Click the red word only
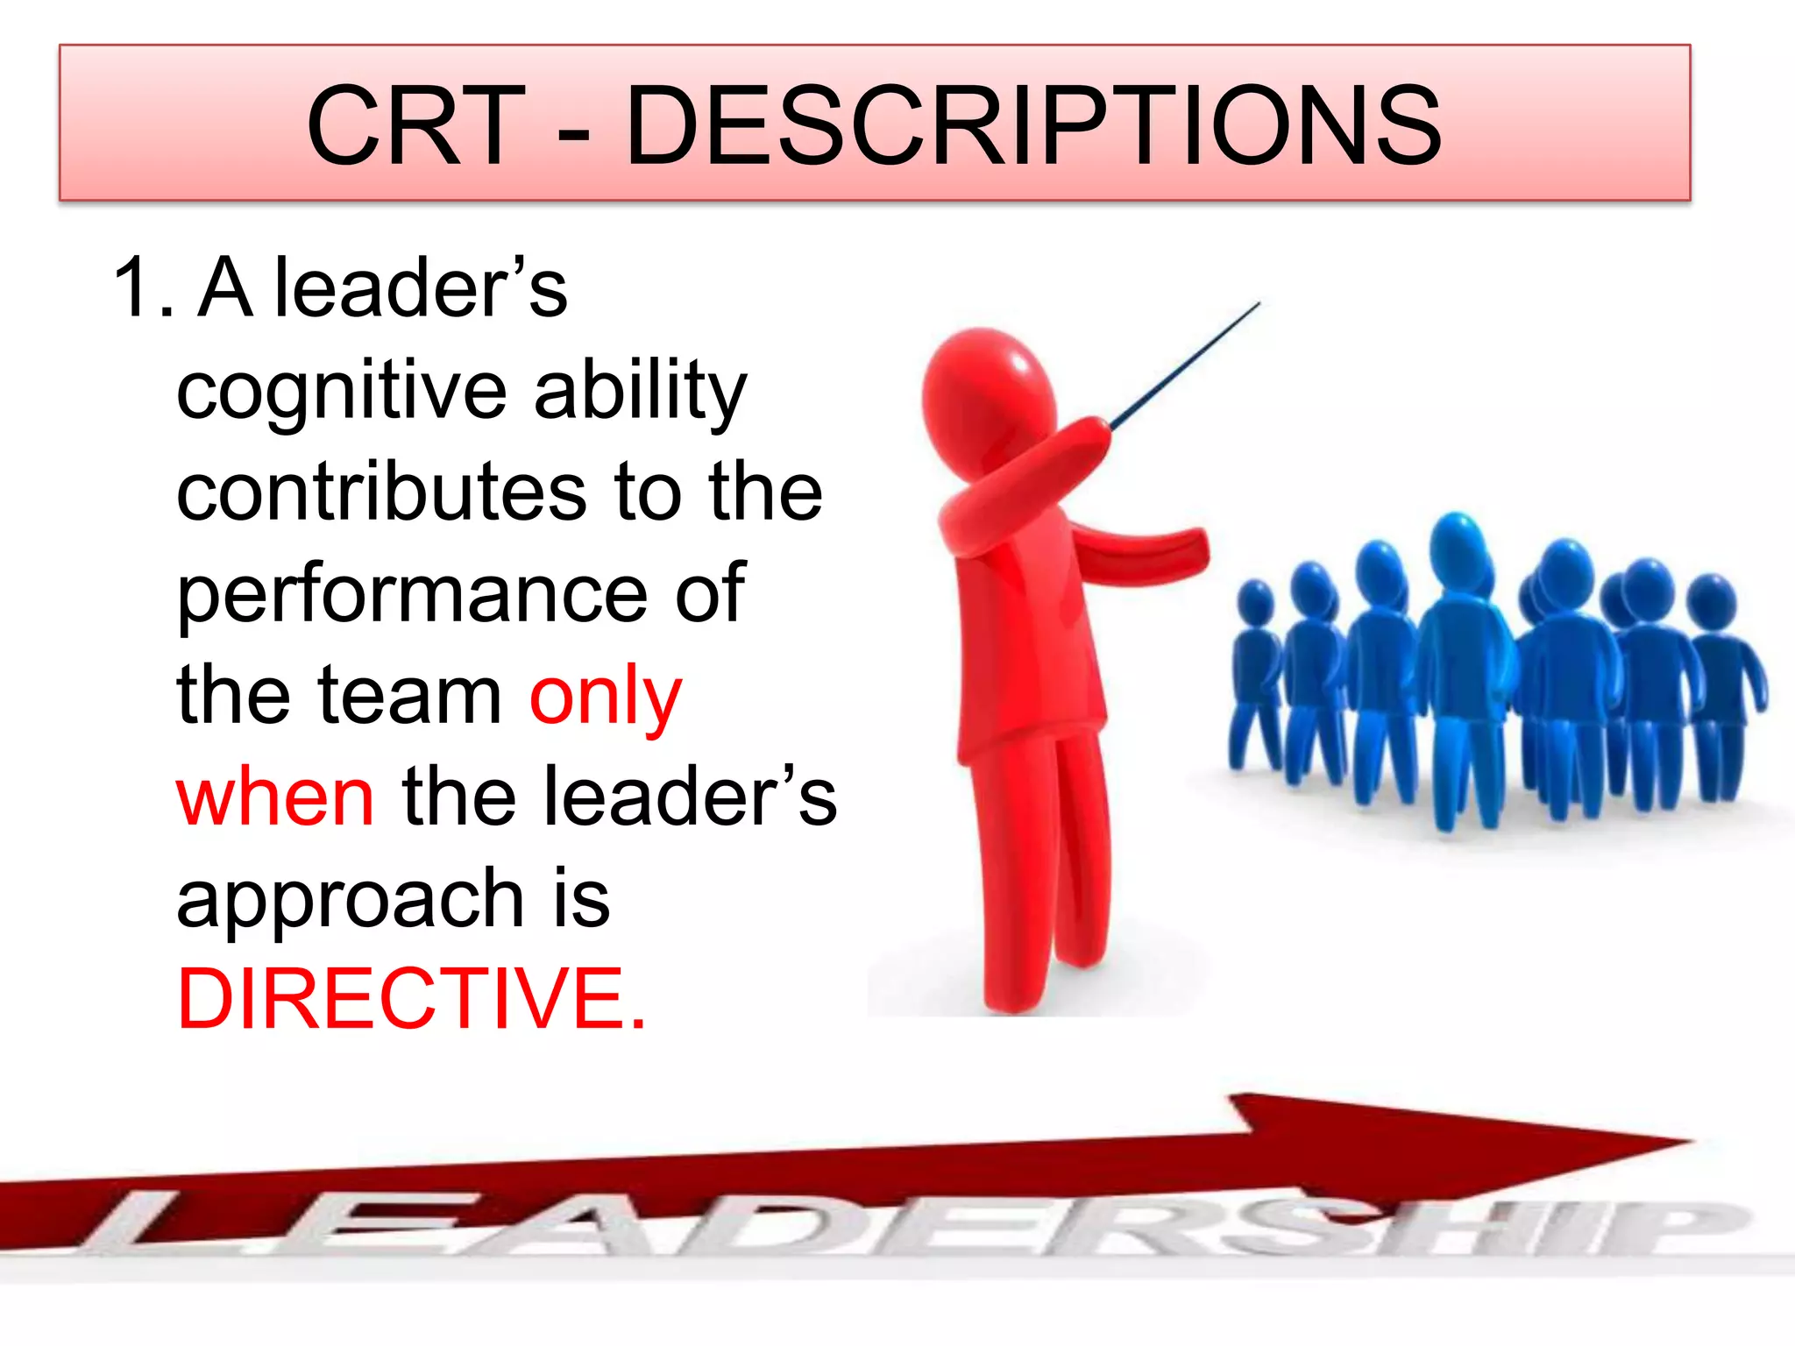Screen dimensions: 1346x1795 tap(605, 698)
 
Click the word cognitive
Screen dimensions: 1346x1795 tap(342, 391)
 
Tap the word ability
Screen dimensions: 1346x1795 tap(640, 391)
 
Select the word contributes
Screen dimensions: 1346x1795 tap(381, 492)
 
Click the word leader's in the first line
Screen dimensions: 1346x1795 tap(421, 289)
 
